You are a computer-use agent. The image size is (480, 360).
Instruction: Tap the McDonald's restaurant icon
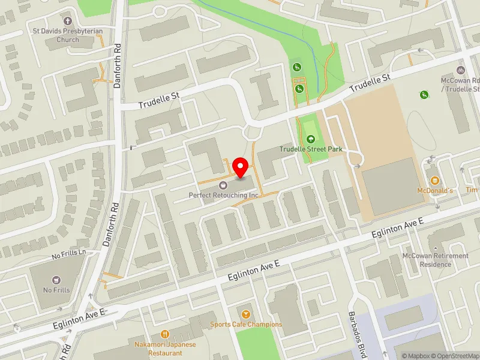point(435,181)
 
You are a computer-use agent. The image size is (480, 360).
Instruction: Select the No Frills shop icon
point(56,280)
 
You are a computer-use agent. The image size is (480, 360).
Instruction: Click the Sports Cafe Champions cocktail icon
point(245,314)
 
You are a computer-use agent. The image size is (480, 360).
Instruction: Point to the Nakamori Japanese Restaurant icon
point(165,334)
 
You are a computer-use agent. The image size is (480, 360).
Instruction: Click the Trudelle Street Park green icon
point(310,139)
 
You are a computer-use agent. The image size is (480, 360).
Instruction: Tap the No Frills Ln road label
point(68,255)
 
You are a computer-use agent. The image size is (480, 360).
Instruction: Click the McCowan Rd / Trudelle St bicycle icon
point(461,70)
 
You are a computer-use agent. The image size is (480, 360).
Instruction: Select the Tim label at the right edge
point(472,190)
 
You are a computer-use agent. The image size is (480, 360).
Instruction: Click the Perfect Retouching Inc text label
point(223,195)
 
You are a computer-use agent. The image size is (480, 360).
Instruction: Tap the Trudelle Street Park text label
point(310,149)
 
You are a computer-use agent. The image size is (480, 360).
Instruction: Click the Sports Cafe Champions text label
point(246,325)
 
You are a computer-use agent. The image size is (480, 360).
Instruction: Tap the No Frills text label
point(56,290)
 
